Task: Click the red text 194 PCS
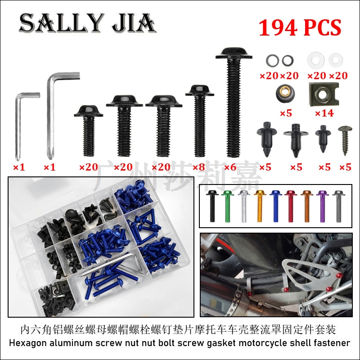click(x=300, y=27)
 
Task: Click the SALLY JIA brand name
click(x=87, y=23)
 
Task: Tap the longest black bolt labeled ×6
click(x=234, y=102)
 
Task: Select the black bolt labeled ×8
click(x=200, y=121)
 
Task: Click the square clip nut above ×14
click(x=324, y=94)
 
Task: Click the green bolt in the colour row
click(x=227, y=206)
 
